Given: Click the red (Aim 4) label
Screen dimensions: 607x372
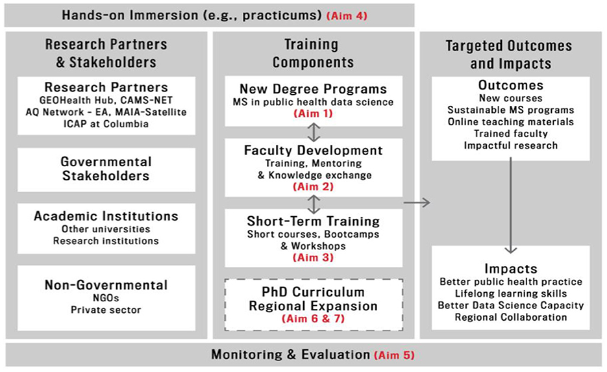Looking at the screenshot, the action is pos(347,16).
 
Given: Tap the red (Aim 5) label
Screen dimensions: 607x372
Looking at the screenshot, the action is pos(394,355).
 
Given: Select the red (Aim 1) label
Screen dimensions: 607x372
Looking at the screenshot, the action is pos(313,114).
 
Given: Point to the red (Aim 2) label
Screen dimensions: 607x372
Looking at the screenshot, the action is pos(313,186).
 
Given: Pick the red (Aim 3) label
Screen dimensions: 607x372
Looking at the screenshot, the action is pos(313,258).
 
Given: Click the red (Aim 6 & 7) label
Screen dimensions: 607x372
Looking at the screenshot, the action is pos(313,319).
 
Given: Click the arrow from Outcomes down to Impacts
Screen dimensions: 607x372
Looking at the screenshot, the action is pos(511,205).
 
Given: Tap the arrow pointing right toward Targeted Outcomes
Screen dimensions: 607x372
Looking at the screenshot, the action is pos(417,202).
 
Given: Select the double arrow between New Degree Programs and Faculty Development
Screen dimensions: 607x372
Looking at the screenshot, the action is pos(314,132).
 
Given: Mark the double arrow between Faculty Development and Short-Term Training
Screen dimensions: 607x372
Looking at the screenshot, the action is pos(314,204).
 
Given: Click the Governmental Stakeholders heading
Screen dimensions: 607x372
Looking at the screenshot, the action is pos(106,169).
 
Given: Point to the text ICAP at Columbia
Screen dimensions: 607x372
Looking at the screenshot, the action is pos(106,124).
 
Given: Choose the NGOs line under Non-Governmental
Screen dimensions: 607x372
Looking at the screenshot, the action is pos(106,298).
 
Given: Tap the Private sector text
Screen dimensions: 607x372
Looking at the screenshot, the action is pos(106,310).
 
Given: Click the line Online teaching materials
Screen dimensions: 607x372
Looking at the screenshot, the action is pos(511,121).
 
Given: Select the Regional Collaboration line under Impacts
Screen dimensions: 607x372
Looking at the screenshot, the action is pos(511,317).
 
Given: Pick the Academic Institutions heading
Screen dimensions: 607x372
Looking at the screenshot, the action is pos(106,216).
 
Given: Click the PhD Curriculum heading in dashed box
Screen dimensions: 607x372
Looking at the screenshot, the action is pos(313,292).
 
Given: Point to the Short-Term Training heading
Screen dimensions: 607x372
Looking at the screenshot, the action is pos(313,221).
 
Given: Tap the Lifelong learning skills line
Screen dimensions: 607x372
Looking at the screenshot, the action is pos(511,293).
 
